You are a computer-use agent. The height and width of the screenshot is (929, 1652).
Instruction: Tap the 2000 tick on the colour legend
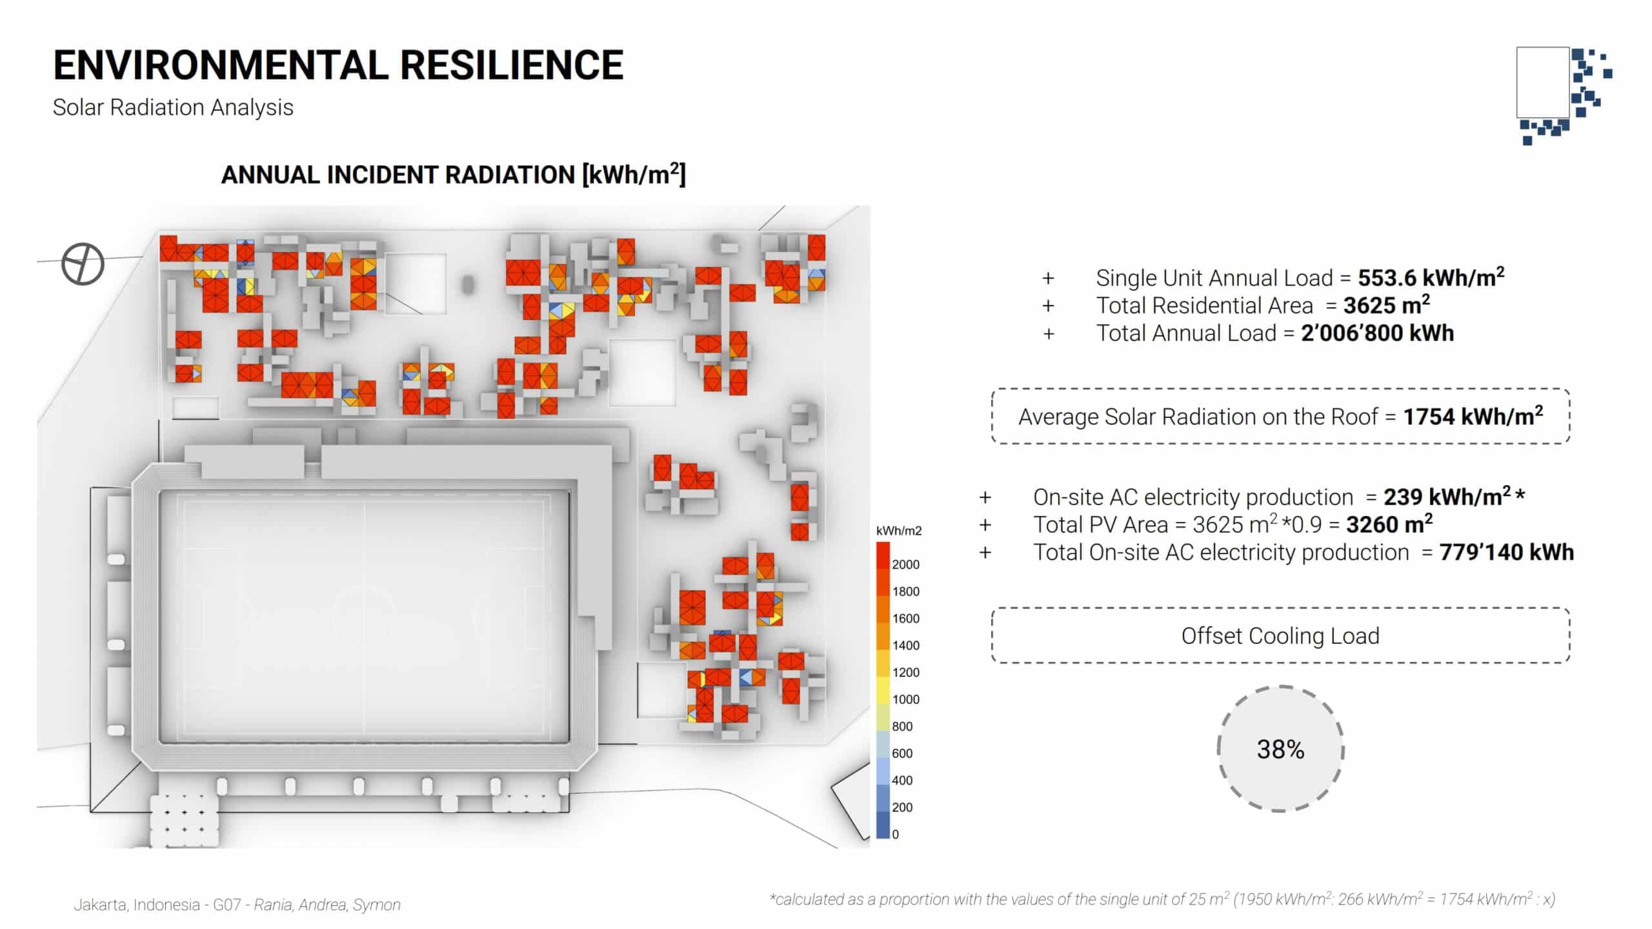[x=905, y=564]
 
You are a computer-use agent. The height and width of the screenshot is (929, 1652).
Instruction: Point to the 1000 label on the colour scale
[x=905, y=699]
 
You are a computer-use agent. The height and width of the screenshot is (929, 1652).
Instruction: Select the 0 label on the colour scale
[x=895, y=834]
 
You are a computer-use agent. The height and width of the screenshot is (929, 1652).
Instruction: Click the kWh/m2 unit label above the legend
[x=899, y=531]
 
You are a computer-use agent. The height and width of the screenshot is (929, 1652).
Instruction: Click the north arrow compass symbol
[x=83, y=264]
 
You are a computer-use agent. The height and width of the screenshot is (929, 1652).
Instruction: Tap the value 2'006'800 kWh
[x=1377, y=333]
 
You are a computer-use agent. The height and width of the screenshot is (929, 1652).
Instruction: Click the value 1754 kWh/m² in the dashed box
[x=1473, y=416]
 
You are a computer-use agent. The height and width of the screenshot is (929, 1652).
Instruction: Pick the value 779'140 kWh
[x=1507, y=552]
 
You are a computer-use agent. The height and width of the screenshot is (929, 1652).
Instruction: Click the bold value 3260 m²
[x=1389, y=524]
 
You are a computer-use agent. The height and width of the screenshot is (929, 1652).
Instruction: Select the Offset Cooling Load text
[x=1280, y=636]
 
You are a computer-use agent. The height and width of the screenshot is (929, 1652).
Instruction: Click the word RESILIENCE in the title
[x=512, y=65]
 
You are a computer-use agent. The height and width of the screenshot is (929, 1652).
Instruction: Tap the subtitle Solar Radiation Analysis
[x=173, y=108]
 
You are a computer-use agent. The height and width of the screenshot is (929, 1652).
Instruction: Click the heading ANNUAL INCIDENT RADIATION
[x=398, y=175]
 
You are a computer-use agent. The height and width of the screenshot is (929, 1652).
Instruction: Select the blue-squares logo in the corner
[x=1564, y=95]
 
